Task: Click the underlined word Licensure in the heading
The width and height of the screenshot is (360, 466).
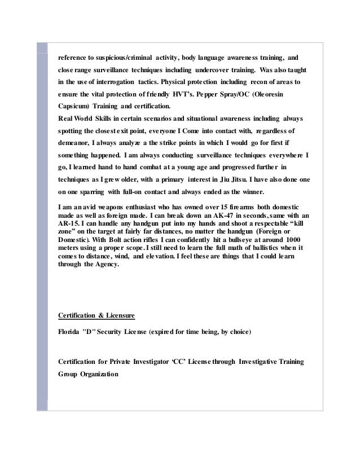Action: tap(118, 314)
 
